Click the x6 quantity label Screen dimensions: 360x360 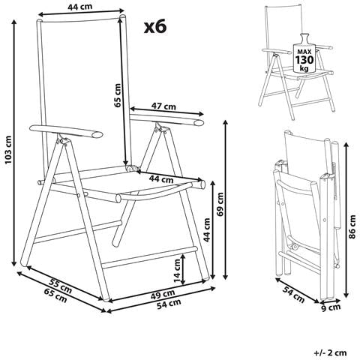pos(155,27)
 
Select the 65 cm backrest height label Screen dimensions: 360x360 pos(117,95)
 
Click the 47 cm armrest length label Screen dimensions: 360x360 pos(163,106)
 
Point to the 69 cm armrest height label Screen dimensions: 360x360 pos(220,204)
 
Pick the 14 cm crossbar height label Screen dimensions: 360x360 pos(177,271)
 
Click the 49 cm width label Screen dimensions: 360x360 pos(163,295)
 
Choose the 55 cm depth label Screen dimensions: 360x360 pos(60,286)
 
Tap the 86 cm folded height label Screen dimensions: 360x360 pos(352,226)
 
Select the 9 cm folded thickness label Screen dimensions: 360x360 pos(331,308)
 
